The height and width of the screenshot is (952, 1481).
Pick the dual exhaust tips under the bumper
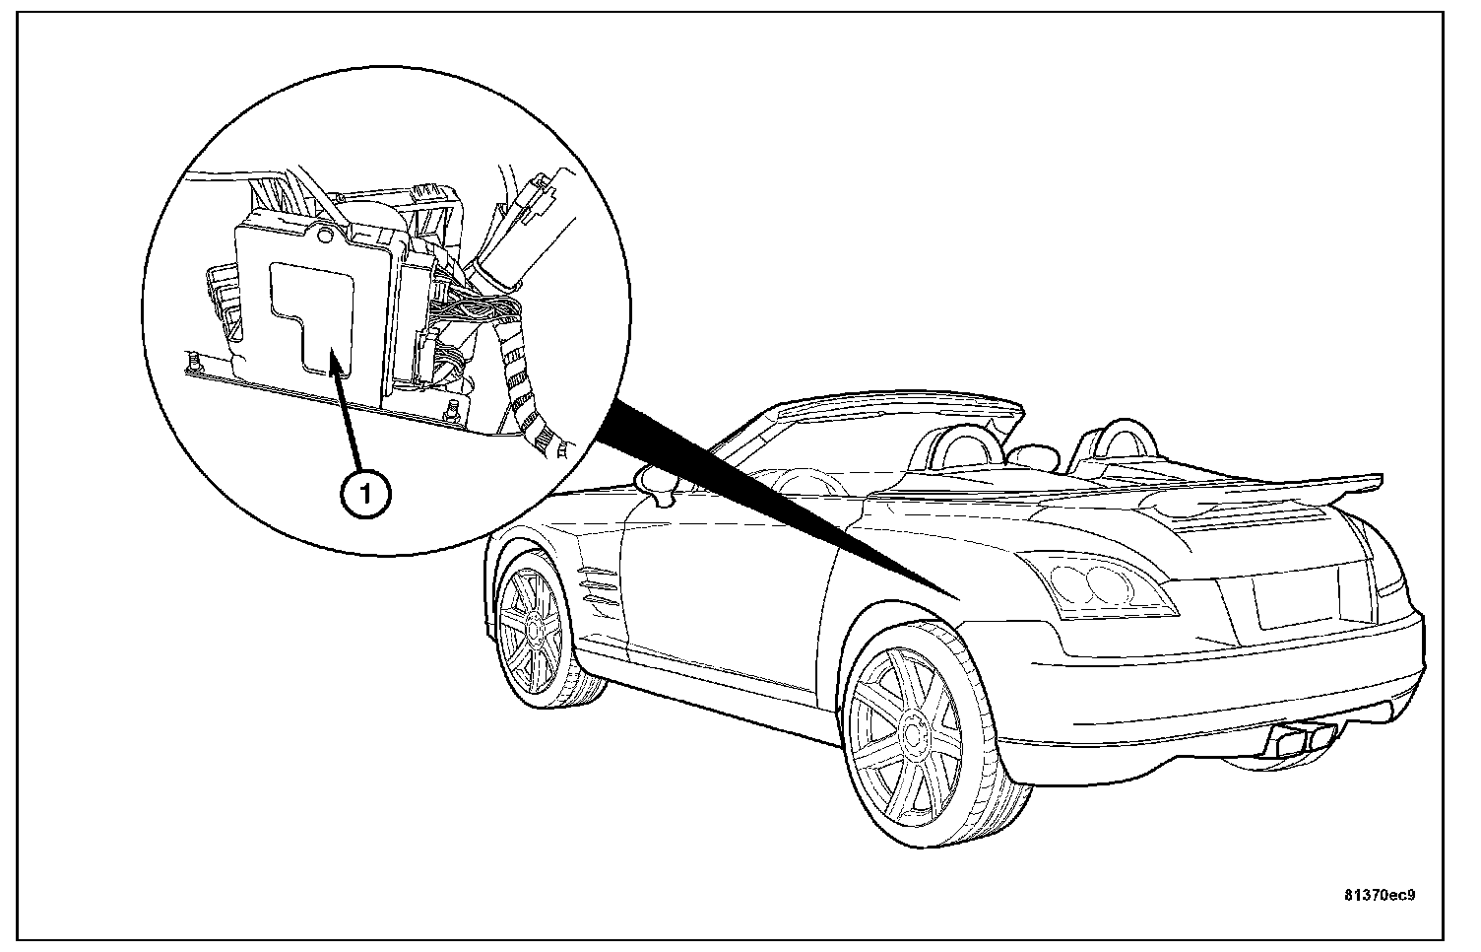(1301, 735)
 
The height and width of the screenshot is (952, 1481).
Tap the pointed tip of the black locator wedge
(960, 597)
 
